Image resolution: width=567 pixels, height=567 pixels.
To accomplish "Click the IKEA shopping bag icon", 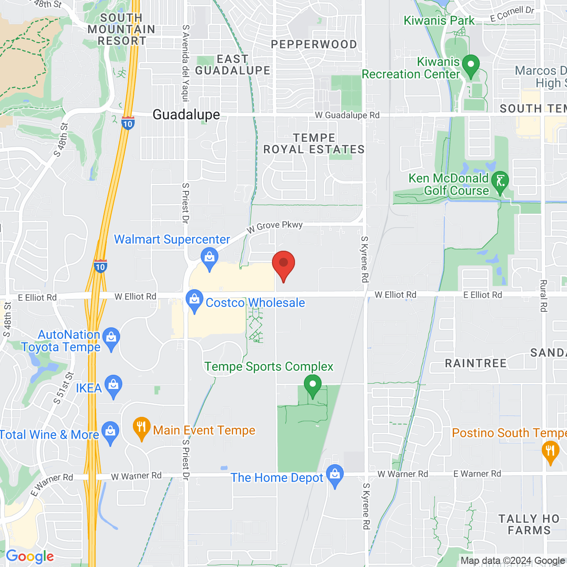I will pos(113,386).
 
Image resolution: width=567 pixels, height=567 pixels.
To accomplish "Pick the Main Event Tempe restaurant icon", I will pos(141,428).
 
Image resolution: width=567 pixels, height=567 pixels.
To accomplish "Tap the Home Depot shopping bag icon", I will pos(335,475).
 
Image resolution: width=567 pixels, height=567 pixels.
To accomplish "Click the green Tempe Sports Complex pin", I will pos(313,385).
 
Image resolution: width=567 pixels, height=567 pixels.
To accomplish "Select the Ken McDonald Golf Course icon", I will pos(500,182).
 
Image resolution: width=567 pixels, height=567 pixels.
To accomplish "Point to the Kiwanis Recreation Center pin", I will pos(470,66).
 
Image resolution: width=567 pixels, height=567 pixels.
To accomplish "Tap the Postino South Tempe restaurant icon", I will pos(550,452).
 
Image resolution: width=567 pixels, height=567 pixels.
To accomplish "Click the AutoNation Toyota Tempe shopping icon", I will pos(111,339).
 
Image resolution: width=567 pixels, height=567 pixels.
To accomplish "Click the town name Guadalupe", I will pos(186,115).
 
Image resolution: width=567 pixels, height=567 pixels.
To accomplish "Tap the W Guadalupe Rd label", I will pos(347,115).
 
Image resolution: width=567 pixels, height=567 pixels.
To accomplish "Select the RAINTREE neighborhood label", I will pos(475,364).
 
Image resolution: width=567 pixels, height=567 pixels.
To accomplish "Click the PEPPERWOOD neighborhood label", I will pos(314,45).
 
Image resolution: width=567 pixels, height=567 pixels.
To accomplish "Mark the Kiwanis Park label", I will pos(439,21).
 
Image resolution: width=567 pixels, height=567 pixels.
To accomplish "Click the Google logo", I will pos(30,557).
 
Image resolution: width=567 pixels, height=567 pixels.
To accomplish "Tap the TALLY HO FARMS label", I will pos(529,524).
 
